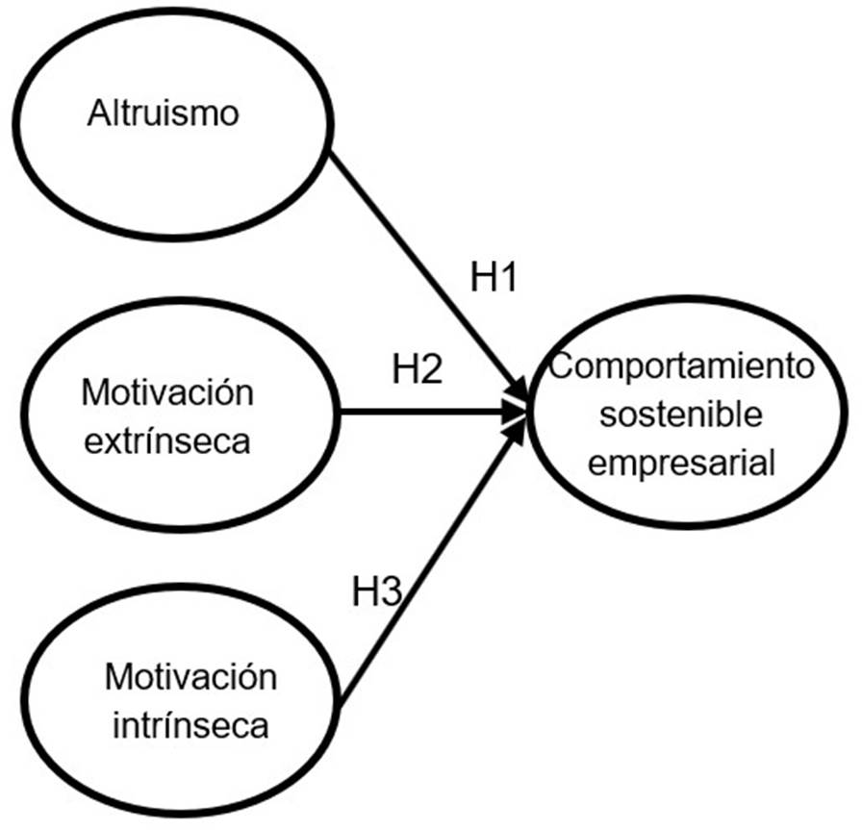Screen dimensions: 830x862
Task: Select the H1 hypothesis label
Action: click(494, 278)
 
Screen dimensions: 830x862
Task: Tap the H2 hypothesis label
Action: click(418, 369)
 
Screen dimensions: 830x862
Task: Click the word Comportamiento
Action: click(682, 366)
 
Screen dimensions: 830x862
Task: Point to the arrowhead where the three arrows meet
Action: click(519, 414)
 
